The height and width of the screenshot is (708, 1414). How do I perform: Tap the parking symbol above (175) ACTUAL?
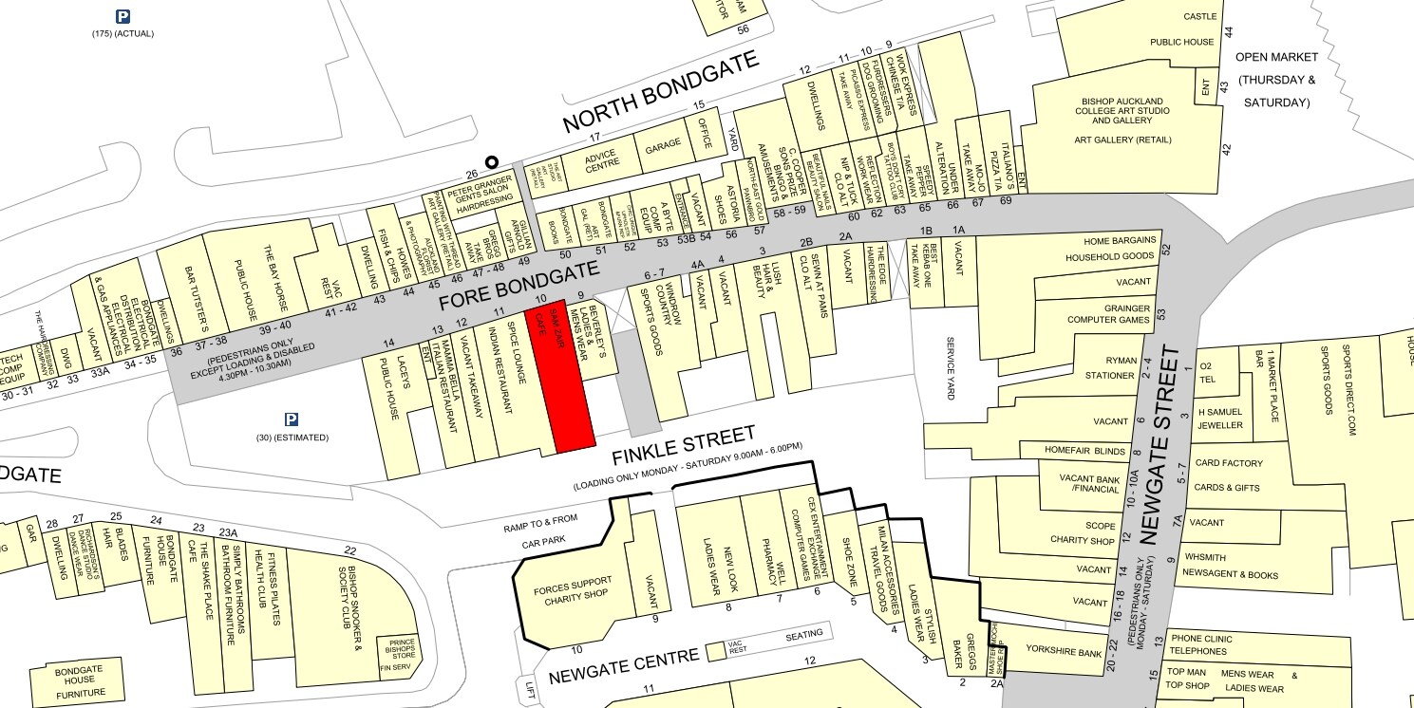click(x=123, y=16)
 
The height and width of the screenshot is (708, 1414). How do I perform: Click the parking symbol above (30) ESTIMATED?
click(x=292, y=419)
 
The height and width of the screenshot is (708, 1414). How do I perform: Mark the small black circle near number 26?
click(x=491, y=162)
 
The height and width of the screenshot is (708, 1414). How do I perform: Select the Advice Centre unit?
click(x=601, y=162)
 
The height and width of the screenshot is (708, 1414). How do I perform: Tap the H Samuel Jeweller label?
click(x=1219, y=419)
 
